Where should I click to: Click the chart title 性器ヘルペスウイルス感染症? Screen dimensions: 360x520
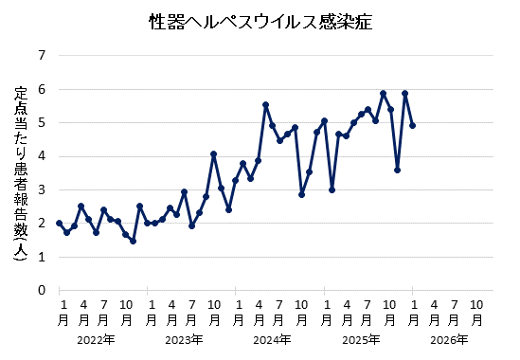point(260,21)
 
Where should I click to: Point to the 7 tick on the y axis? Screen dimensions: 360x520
point(41,56)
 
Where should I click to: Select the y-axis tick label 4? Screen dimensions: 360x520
point(41,156)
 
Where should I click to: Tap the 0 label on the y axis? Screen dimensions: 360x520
point(41,290)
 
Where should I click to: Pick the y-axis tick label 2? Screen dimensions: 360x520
point(41,224)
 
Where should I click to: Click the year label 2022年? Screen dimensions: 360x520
point(96,339)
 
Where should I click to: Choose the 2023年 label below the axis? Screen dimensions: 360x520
point(184,339)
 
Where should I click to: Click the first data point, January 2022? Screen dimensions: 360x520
point(59,224)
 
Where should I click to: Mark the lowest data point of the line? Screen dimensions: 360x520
point(133,241)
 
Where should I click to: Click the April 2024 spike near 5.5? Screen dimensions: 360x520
point(265,104)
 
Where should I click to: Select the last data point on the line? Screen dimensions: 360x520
point(412,125)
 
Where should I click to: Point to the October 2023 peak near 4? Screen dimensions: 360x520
point(214,153)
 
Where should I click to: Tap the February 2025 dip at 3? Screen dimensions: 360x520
point(332,189)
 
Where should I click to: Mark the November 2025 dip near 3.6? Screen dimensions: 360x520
point(398,170)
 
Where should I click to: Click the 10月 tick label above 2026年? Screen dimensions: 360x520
point(477,312)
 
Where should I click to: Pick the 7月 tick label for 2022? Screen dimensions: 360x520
point(103,312)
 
